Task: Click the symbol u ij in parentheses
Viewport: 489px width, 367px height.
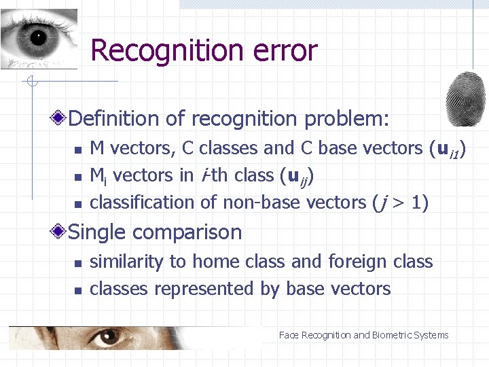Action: tap(298, 176)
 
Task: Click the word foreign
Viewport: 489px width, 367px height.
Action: tap(357, 262)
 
